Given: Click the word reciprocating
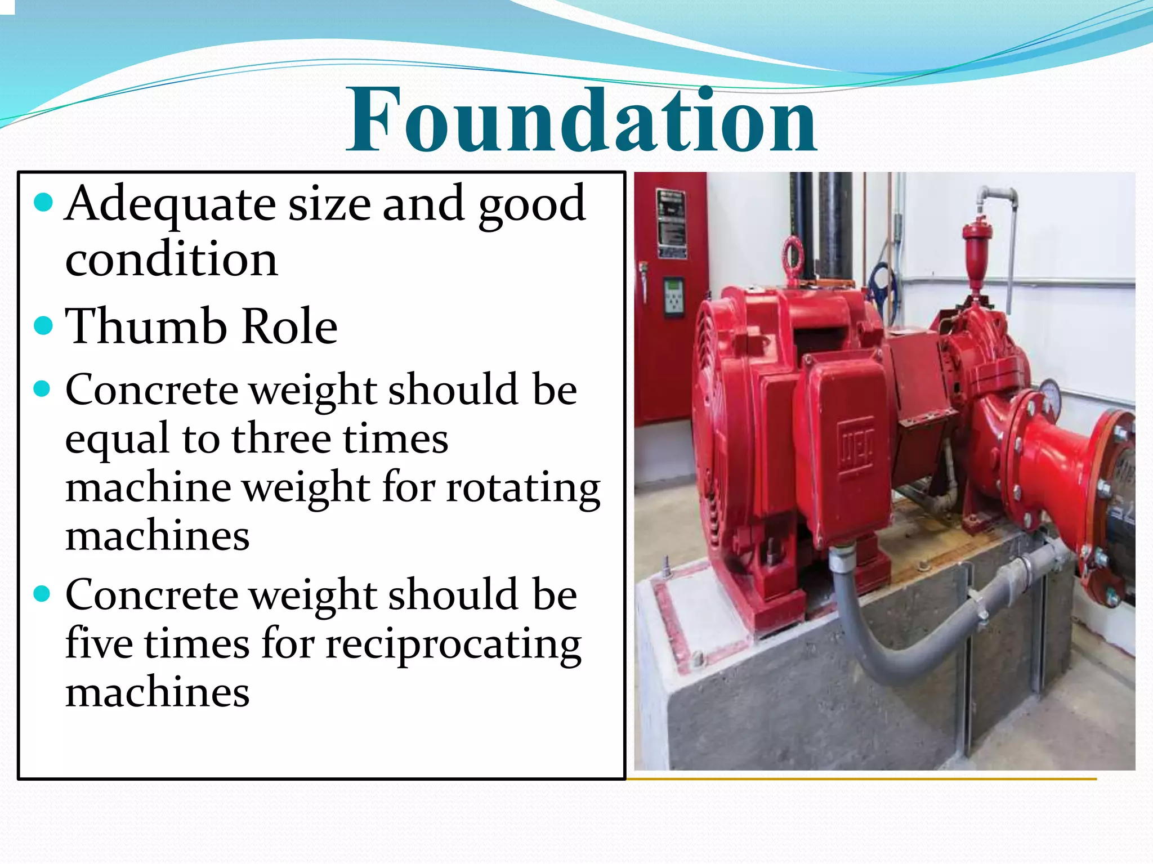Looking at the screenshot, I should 454,645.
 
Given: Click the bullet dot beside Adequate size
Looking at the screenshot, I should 43,203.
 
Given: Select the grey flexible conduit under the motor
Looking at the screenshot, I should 878,647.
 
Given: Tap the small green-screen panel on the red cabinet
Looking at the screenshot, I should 673,297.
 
